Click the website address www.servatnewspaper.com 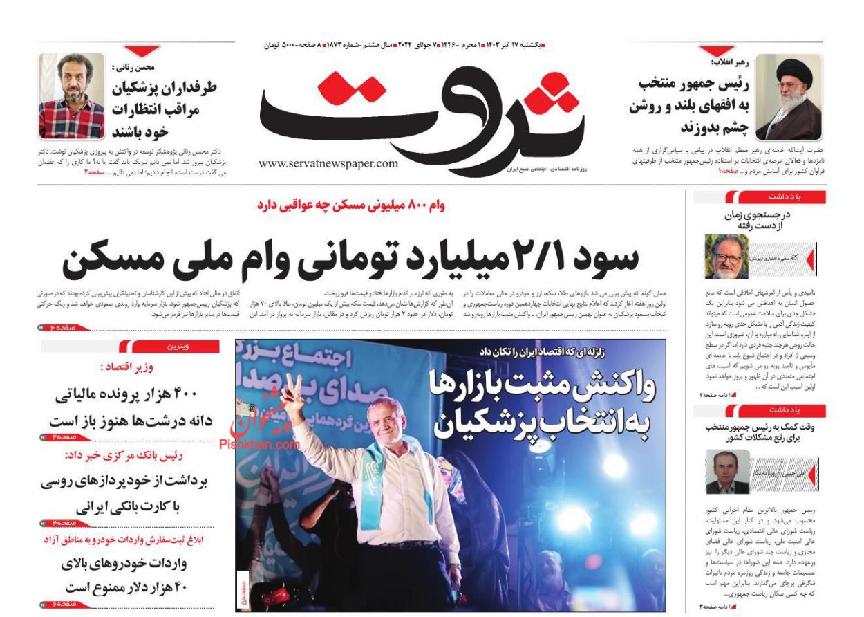328,163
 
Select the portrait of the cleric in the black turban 788,97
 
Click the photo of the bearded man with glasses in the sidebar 726,257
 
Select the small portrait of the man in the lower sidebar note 727,471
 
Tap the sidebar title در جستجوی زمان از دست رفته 757,220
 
